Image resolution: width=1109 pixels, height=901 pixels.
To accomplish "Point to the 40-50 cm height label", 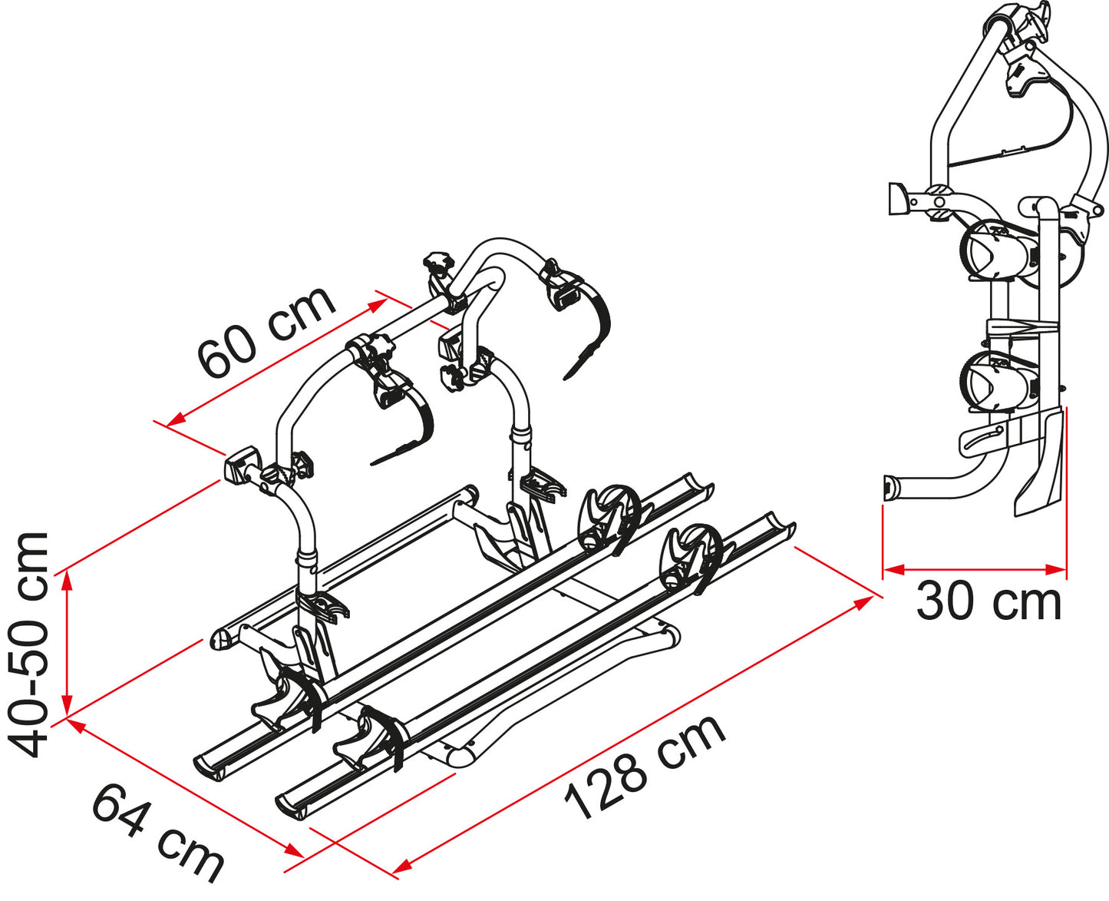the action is click(29, 644).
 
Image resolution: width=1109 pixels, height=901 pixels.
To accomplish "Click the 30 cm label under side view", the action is click(989, 602).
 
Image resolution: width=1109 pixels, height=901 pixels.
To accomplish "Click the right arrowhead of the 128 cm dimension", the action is click(864, 603).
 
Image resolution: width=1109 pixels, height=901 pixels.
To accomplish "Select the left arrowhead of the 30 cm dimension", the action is click(893, 570).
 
